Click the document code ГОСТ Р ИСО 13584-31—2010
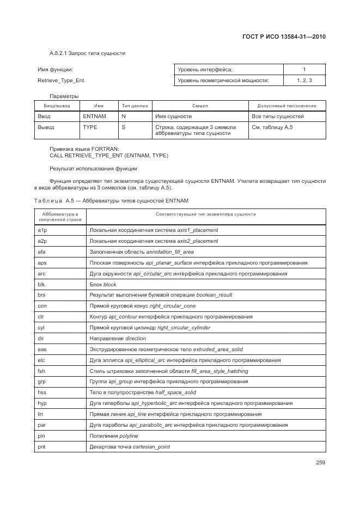pyautogui.click(x=284, y=38)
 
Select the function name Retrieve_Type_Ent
pyautogui.click(x=60, y=81)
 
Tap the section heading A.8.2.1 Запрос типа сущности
pyautogui.click(x=87, y=53)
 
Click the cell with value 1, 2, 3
pyautogui.click(x=304, y=81)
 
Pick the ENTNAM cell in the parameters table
pyautogui.click(x=94, y=116)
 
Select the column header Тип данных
pyautogui.click(x=135, y=106)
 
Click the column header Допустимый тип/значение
pyautogui.click(x=287, y=106)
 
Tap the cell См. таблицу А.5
pyautogui.click(x=272, y=127)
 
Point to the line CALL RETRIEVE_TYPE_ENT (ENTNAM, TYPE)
pyautogui.click(x=109, y=156)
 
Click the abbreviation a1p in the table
pyautogui.click(x=42, y=230)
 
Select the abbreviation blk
pyautogui.click(x=41, y=284)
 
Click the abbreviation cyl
pyautogui.click(x=41, y=328)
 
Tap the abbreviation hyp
pyautogui.click(x=41, y=403)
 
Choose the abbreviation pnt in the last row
pyautogui.click(x=41, y=447)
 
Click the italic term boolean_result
pyautogui.click(x=214, y=295)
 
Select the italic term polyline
pyautogui.click(x=126, y=436)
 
